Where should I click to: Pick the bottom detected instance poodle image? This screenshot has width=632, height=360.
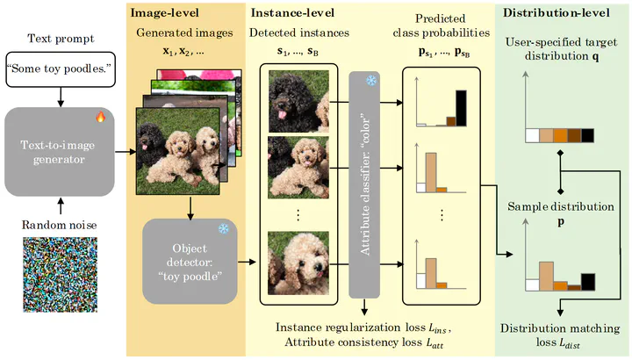click(298, 262)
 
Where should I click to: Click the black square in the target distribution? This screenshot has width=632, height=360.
click(587, 135)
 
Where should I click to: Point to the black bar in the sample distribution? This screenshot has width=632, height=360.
click(587, 281)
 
